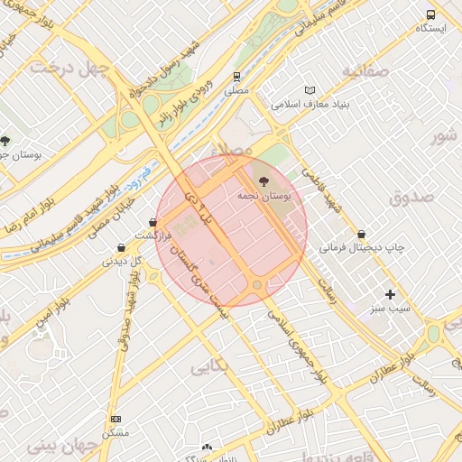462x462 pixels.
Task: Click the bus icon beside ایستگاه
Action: pos(430,15)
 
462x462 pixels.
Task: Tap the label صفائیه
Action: pos(364,69)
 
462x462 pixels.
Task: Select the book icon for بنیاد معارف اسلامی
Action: pos(311,90)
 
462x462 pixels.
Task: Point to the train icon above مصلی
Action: pos(236,77)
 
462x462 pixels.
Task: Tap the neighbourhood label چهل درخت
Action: pos(69,68)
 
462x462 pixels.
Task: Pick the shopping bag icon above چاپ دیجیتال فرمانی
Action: pos(362,233)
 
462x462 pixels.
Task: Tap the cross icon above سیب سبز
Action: pos(390,294)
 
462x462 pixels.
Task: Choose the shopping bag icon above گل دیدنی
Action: pos(122,247)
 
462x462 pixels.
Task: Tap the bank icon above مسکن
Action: pos(115,419)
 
